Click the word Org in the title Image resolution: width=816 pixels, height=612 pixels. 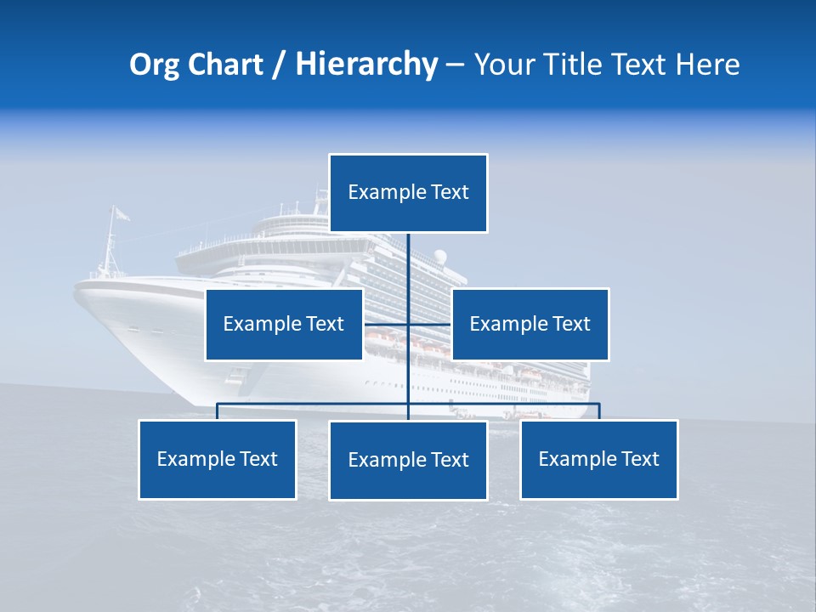(155, 65)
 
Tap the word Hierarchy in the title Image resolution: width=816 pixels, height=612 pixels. (366, 65)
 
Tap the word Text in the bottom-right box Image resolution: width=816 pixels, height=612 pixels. (640, 459)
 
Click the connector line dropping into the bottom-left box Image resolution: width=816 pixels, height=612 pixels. (218, 411)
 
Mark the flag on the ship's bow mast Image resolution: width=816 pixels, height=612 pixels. (122, 214)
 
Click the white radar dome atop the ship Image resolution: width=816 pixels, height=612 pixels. (440, 257)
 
